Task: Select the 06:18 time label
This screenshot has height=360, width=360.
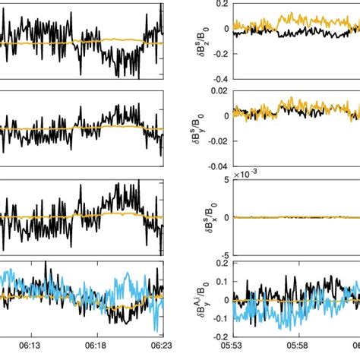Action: [96, 343]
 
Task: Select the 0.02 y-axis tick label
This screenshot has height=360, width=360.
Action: [217, 90]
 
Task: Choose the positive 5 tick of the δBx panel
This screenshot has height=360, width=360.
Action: [225, 179]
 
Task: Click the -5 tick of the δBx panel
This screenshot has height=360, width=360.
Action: [223, 255]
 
